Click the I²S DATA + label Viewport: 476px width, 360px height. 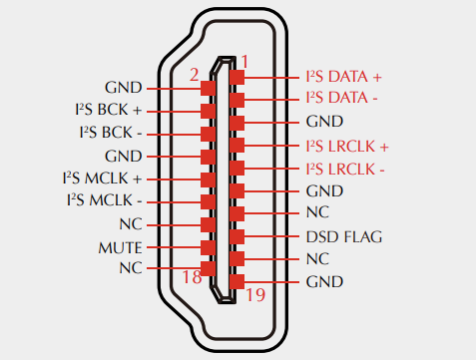coord(343,77)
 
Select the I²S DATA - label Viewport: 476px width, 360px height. coord(341,98)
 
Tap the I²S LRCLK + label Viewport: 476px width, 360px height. coord(347,147)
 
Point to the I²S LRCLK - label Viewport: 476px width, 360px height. coord(345,170)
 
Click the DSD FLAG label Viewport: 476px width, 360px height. coord(344,237)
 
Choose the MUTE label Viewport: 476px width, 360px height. coord(120,248)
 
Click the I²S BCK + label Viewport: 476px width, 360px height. coord(109,110)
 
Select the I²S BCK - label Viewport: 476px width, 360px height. coord(111,133)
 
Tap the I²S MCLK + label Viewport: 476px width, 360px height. coord(102,179)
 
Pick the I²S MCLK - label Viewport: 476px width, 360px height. coord(104,200)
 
